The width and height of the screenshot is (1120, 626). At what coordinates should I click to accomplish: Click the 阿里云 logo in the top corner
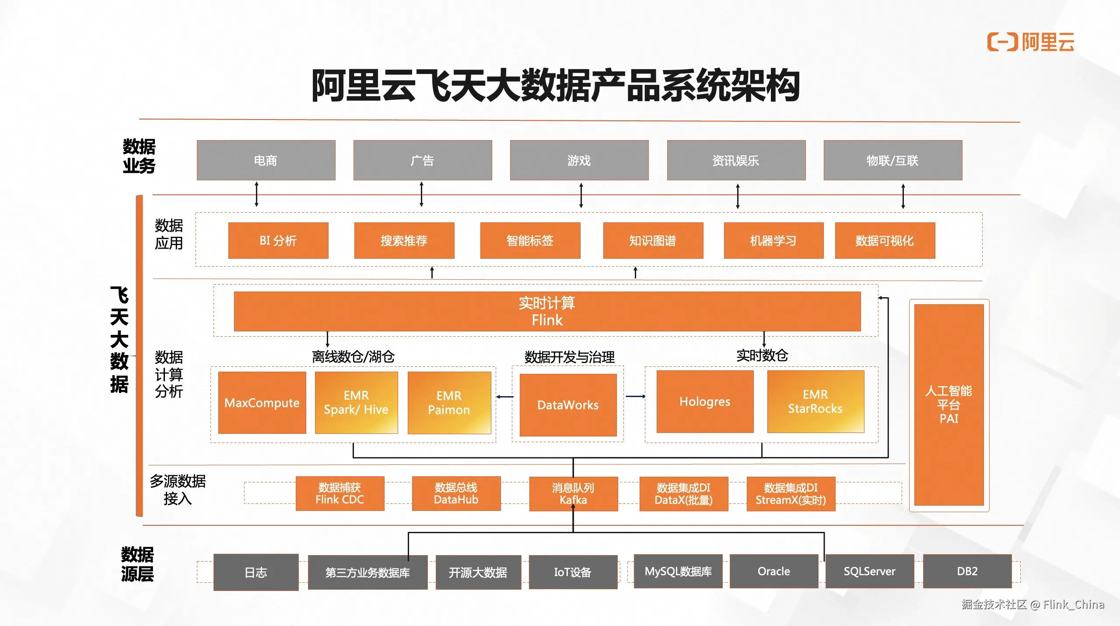1030,42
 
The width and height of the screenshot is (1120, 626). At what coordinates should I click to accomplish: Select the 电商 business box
266,160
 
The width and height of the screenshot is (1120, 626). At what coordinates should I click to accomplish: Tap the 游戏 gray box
579,160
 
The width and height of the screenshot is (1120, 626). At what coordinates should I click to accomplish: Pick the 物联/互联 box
892,160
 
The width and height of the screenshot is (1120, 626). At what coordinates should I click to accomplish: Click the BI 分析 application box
278,240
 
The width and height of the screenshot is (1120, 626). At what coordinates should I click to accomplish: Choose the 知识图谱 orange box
653,240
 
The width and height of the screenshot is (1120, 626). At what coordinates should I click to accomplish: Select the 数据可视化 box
885,240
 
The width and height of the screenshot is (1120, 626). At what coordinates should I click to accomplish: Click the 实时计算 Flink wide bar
547,311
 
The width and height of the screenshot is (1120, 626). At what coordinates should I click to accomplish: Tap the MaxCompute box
262,403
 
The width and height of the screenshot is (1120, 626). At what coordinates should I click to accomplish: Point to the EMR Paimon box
449,403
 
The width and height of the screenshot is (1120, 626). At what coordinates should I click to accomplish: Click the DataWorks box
568,405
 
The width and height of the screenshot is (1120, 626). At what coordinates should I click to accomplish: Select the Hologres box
705,401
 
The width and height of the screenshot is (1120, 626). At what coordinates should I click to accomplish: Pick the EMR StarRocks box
815,401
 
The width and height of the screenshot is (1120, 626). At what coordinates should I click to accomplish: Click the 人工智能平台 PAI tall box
948,404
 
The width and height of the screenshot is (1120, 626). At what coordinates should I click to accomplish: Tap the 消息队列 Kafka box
573,494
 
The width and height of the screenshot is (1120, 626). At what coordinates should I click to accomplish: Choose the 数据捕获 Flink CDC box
339,493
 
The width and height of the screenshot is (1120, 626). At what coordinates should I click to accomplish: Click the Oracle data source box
773,571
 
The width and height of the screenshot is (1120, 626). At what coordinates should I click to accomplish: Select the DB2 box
967,571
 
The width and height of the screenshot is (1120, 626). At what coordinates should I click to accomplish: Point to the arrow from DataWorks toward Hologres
635,397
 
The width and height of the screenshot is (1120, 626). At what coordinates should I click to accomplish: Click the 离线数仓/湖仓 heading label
353,357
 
